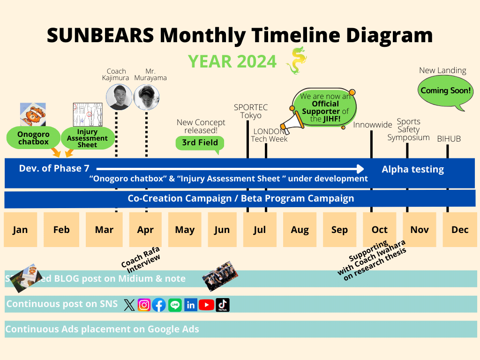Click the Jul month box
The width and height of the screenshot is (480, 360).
point(259,230)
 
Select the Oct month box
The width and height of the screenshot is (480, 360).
point(379,230)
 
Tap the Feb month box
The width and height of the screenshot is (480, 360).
point(61,230)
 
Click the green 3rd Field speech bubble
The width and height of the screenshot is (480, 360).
point(200,143)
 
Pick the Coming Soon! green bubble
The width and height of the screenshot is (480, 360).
point(445,91)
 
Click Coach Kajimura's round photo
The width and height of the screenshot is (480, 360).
point(119,97)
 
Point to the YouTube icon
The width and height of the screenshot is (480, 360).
point(206,305)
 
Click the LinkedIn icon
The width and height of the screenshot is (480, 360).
point(190,305)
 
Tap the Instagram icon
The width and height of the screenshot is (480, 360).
point(144,305)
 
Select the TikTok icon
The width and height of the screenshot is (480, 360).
point(223,305)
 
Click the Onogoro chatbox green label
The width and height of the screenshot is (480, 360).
point(33,138)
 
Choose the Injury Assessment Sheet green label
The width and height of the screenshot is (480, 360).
point(88,138)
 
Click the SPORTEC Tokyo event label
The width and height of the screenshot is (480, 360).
point(247,111)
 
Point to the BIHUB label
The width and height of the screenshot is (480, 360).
point(449,139)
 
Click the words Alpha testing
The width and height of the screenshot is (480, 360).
point(412,170)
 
